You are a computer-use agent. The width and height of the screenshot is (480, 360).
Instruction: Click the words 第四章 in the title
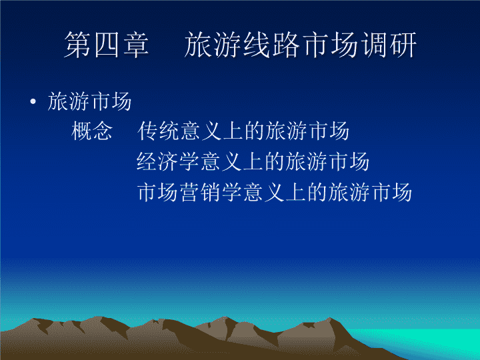click(107, 45)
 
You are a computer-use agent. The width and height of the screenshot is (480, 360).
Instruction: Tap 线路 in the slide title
click(271, 45)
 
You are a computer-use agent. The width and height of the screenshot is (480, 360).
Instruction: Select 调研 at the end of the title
click(388, 45)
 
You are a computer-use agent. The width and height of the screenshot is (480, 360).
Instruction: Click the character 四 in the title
click(107, 45)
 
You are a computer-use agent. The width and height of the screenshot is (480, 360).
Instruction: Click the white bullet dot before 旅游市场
click(33, 101)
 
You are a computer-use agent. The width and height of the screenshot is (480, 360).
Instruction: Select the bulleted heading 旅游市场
click(89, 101)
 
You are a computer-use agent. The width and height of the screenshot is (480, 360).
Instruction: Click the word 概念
click(91, 131)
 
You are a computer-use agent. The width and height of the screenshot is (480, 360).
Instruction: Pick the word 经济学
click(168, 161)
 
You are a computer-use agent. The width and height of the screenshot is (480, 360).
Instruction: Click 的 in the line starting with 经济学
click(275, 161)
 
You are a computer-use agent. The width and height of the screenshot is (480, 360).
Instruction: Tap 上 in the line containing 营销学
click(296, 192)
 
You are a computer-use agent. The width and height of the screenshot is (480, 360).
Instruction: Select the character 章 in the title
click(136, 45)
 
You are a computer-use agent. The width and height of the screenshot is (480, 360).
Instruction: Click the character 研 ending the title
click(403, 45)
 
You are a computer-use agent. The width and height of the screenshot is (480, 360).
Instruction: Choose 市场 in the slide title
click(329, 45)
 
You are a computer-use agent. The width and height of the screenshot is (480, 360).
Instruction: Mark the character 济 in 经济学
click(168, 161)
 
